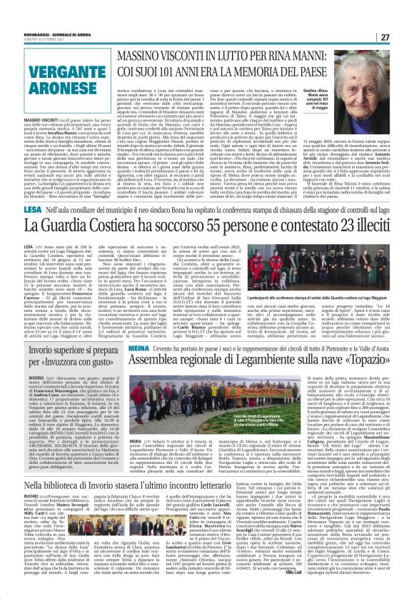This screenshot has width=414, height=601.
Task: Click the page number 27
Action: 404,16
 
